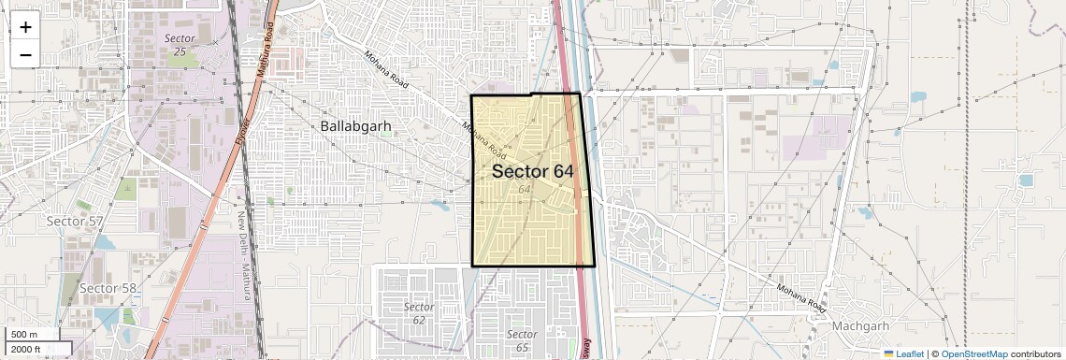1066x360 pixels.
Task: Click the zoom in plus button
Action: point(25,27)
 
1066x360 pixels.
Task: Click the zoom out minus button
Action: point(25,54)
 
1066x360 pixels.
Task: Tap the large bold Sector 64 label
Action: point(532,171)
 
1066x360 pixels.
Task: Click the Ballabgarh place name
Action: point(355,125)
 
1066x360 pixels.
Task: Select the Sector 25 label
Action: point(180,44)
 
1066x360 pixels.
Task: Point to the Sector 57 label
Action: point(75,221)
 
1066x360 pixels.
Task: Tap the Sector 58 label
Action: point(108,287)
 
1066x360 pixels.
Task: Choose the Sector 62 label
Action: point(419,313)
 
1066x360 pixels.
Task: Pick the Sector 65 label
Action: point(522,340)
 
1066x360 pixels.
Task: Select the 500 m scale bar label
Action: point(25,335)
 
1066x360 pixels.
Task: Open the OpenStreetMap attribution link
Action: point(973,353)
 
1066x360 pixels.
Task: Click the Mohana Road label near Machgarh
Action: point(802,297)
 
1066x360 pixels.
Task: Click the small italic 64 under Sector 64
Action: point(525,190)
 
